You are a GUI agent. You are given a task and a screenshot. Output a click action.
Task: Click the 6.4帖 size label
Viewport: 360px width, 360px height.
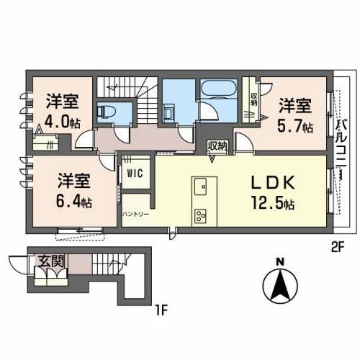point(75,200)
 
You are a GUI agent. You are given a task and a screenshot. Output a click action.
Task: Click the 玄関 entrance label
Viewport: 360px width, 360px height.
point(50,261)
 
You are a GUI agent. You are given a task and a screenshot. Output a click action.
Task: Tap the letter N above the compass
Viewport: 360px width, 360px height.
point(282,261)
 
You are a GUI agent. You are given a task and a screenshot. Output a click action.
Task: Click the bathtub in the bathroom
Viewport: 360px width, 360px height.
point(217,91)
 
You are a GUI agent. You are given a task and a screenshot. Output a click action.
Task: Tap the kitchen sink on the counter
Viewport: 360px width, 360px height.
point(199,181)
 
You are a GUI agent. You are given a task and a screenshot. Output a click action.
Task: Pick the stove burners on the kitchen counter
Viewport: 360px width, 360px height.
point(199,214)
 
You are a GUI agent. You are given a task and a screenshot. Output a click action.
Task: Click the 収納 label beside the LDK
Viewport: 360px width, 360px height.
point(217,146)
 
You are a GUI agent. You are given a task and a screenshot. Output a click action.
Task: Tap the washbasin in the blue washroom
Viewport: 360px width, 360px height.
point(170,112)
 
